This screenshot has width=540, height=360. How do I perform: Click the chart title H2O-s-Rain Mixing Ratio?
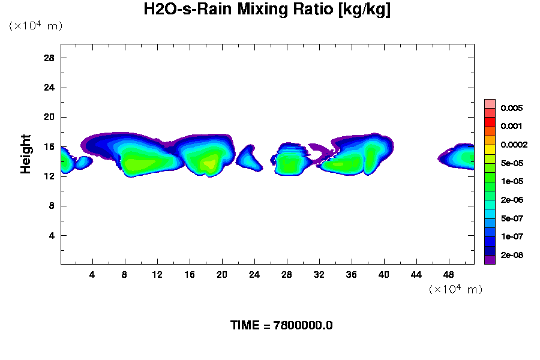(267, 10)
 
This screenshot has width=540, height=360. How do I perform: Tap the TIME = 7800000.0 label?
(281, 325)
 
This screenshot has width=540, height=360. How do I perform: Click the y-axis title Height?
(26, 154)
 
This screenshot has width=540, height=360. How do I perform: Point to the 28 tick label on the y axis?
(50, 58)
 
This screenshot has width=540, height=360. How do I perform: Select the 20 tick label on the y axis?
(50, 117)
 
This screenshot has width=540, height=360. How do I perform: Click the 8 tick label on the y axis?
(52, 206)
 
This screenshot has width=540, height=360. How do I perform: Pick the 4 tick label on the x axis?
(92, 274)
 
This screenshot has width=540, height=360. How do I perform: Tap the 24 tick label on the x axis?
(254, 274)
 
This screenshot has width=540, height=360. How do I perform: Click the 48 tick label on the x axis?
(449, 274)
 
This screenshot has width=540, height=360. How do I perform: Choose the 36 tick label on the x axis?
(352, 274)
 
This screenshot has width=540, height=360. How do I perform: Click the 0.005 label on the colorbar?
(512, 108)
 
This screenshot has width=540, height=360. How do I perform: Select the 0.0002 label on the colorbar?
(514, 145)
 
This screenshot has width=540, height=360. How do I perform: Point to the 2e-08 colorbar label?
(512, 255)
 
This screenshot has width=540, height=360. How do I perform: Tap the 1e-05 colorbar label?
(512, 181)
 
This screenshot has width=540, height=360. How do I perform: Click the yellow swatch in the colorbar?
(490, 149)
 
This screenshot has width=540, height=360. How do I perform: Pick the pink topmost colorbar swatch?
(490, 103)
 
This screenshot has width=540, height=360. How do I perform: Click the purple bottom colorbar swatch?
(490, 260)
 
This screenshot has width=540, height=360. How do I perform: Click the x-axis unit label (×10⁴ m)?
(455, 289)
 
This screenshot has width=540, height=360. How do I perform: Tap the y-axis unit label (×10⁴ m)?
(35, 25)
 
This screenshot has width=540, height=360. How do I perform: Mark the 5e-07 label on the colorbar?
(512, 218)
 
